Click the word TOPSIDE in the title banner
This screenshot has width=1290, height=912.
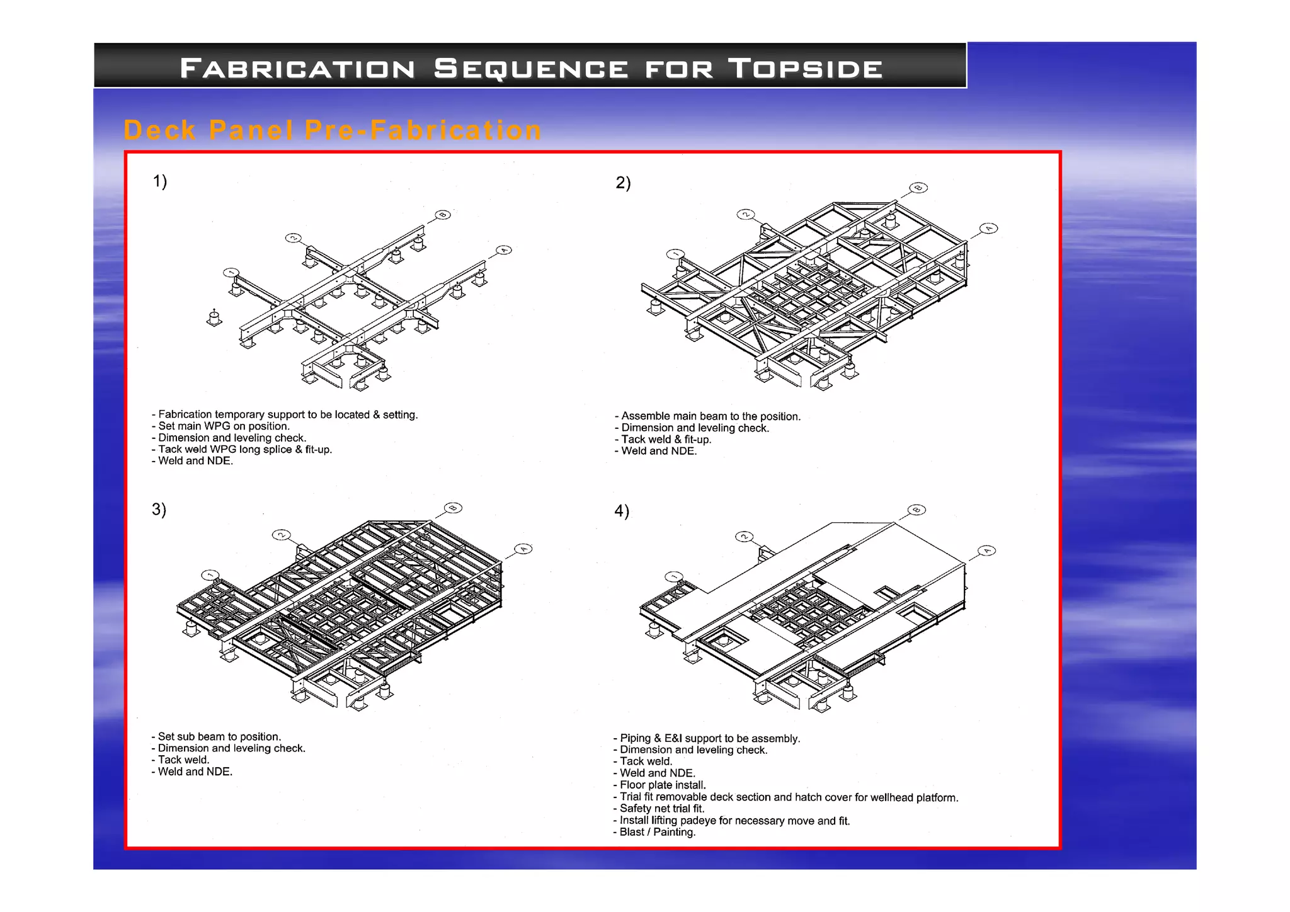pos(806,68)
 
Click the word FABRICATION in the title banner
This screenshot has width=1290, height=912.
pos(297,68)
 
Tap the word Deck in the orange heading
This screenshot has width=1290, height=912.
pos(160,130)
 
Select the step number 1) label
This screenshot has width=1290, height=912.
pos(160,181)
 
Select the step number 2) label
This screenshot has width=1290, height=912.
pos(623,183)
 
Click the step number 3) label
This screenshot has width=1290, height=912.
pos(159,509)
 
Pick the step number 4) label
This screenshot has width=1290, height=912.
pos(622,511)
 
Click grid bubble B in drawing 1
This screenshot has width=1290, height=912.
pos(443,215)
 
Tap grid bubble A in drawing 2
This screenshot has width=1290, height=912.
pos(989,228)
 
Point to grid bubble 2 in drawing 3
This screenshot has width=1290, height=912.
pos(281,535)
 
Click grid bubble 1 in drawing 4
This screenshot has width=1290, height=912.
pos(674,577)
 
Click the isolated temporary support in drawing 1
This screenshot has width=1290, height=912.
pos(214,318)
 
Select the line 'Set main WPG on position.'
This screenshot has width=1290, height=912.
pos(224,426)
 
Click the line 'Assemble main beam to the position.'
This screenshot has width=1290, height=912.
pos(711,416)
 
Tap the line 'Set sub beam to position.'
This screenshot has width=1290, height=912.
pos(219,737)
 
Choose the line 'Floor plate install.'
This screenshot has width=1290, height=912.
pos(662,785)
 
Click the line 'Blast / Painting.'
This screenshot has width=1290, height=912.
pos(657,832)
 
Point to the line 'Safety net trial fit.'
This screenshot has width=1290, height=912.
pos(661,809)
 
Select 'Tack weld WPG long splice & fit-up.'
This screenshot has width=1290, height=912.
pos(244,450)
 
